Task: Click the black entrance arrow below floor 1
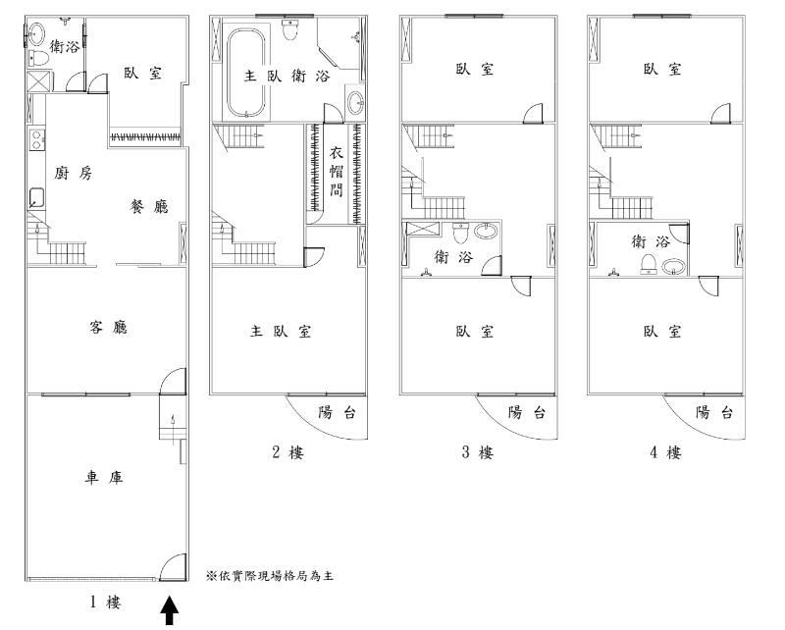click(169, 610)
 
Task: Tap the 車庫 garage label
click(104, 478)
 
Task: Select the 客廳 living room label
click(108, 328)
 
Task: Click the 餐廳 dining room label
click(149, 206)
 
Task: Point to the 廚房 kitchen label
click(73, 174)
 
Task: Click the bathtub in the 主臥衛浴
click(245, 73)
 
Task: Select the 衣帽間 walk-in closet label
click(336, 172)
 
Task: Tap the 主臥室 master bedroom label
click(281, 331)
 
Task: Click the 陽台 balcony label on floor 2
click(337, 413)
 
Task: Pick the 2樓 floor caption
click(288, 452)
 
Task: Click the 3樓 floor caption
click(478, 452)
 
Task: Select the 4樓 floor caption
click(665, 452)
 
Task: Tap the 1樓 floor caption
click(105, 602)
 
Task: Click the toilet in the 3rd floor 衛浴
click(459, 232)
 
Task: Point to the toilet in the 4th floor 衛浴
click(648, 264)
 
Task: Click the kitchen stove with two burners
click(36, 139)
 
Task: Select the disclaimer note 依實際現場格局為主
click(269, 576)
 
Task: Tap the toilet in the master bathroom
click(288, 30)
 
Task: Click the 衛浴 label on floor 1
click(65, 47)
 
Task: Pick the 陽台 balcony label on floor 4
click(714, 413)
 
